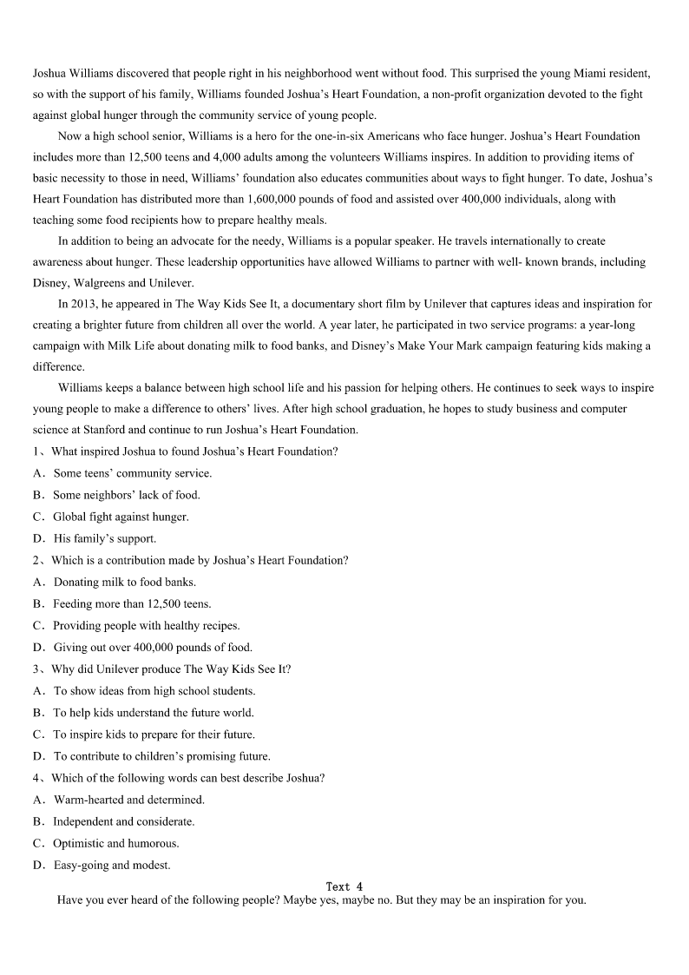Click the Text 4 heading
coord(344,886)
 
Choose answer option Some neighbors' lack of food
coord(126,495)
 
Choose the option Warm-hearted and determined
coord(128,800)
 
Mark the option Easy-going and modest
coord(112,865)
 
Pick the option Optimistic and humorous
coord(115,843)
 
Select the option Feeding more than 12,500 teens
coord(132,603)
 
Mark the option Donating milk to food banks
coord(124,582)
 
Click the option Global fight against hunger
coord(121,517)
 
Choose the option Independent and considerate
coord(123,821)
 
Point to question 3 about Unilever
coord(171,669)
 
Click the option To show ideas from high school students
coord(154,691)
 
